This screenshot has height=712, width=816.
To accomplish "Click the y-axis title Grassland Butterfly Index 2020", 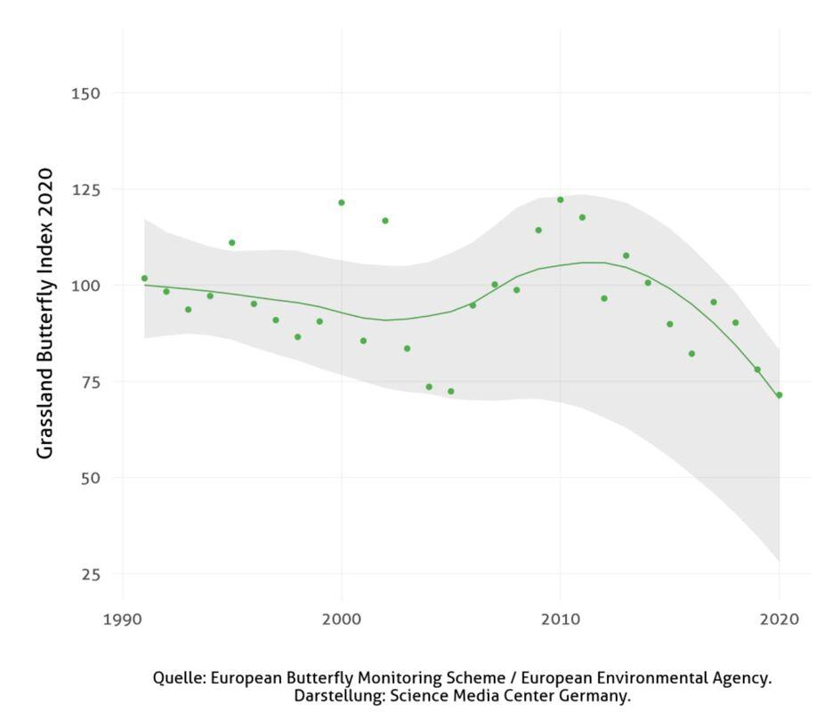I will tap(45, 312).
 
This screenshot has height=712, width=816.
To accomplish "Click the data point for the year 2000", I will tap(341, 203).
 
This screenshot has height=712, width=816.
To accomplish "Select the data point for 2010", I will tap(561, 199).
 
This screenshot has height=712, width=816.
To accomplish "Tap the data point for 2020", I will tap(780, 395).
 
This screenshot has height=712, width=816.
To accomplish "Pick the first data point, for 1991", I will tap(144, 279).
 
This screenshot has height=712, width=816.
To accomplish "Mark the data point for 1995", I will tap(232, 243).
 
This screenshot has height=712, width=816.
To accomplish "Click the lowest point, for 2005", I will tap(451, 392).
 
